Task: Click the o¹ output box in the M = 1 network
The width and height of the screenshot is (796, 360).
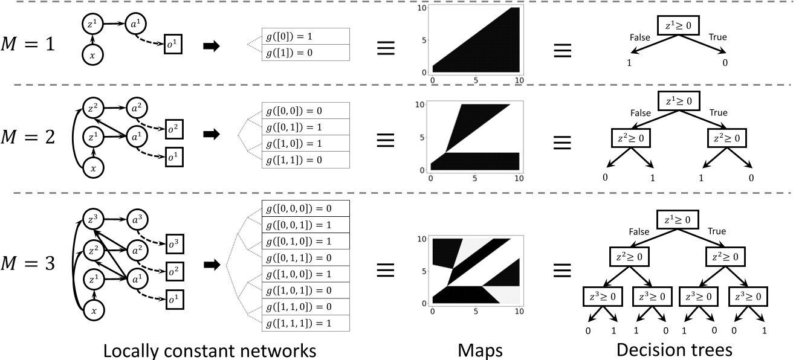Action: [x=173, y=45]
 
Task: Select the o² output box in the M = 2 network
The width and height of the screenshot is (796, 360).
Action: [x=173, y=130]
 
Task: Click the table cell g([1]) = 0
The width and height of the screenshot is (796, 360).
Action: [x=306, y=53]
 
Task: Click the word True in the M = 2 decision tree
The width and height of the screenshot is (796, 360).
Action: [x=717, y=113]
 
